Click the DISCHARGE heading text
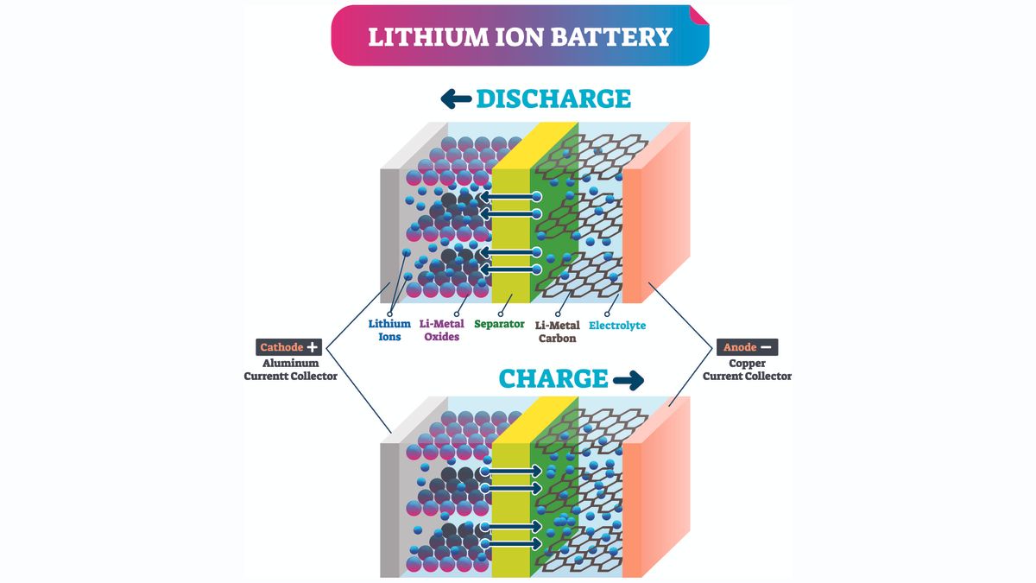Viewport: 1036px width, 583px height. pyautogui.click(x=553, y=98)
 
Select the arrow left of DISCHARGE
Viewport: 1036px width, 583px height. pyautogui.click(x=455, y=99)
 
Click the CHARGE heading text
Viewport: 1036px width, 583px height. pyautogui.click(x=553, y=378)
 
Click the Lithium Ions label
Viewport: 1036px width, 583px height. pyautogui.click(x=384, y=331)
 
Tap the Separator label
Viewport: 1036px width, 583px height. pyautogui.click(x=499, y=325)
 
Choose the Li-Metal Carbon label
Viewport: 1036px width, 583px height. pyautogui.click(x=557, y=332)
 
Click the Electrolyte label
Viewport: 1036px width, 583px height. pyautogui.click(x=616, y=326)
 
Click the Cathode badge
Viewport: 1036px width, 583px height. pyautogui.click(x=281, y=347)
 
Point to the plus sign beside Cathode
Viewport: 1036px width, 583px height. pyautogui.click(x=313, y=347)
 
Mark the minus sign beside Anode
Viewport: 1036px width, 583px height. pyautogui.click(x=767, y=347)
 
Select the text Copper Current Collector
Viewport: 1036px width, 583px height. pyautogui.click(x=747, y=370)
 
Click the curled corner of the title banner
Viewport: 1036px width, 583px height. pyautogui.click(x=698, y=16)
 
